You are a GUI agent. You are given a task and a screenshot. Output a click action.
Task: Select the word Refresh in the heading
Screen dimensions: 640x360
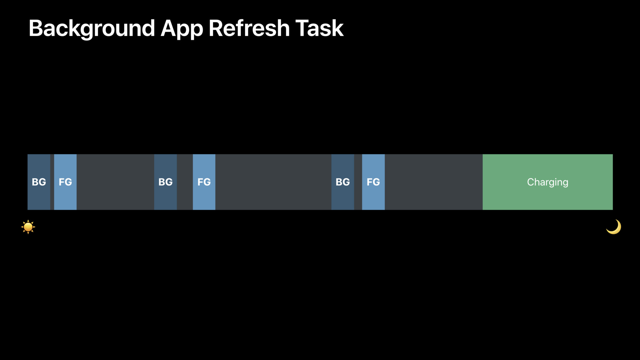coord(249,28)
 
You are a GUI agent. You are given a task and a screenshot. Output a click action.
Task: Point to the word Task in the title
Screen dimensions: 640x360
coord(319,28)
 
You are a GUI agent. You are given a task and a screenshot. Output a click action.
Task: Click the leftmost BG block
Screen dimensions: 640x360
coord(39,182)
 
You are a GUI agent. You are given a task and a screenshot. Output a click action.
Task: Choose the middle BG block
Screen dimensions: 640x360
coord(165,182)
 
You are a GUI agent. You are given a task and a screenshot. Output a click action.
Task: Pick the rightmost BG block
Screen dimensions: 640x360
coord(343,182)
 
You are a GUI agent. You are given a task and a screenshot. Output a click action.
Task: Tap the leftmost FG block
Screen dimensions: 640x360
coord(65,182)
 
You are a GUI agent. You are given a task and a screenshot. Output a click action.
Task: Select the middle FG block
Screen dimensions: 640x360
coord(204,182)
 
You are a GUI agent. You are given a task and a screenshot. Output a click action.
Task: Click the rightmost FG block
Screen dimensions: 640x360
coord(373,182)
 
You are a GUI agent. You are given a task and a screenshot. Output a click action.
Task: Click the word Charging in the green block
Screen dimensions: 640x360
coord(548,182)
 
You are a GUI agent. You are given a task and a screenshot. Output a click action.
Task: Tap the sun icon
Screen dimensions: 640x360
coord(28,227)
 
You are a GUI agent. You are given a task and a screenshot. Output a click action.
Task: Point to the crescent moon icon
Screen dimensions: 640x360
coord(614,227)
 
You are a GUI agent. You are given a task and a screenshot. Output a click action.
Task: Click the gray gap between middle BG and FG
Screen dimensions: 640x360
coord(185,182)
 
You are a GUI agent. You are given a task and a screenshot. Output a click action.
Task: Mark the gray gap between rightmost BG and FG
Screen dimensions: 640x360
coord(358,182)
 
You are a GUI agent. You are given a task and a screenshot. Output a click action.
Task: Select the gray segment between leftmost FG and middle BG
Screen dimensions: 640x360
coord(116,182)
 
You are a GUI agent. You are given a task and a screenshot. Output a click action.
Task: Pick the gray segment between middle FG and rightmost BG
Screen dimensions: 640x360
coord(273,182)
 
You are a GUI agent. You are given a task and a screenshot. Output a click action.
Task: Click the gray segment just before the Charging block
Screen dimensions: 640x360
coord(434,182)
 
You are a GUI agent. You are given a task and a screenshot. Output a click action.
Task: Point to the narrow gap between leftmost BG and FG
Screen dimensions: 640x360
coord(52,182)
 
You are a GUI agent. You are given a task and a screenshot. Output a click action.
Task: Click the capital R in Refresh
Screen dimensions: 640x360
coord(216,28)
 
